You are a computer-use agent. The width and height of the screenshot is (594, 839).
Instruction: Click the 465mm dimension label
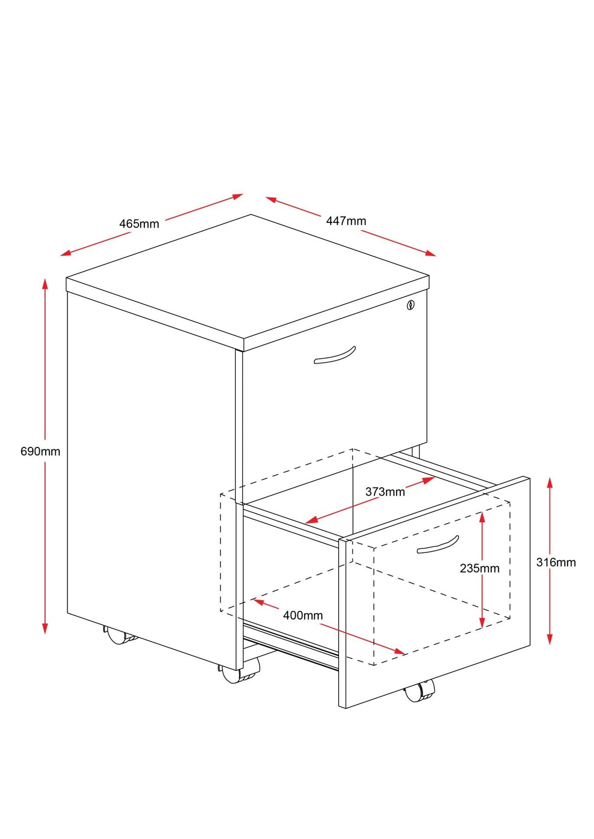[139, 224]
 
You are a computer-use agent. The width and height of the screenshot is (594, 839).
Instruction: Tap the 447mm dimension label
[346, 221]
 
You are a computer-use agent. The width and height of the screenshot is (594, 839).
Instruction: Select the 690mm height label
[40, 451]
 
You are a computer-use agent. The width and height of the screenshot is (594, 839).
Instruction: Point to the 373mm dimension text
[385, 492]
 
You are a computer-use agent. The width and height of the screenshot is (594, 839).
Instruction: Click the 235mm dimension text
[480, 568]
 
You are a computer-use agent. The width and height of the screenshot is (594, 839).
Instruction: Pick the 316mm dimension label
[556, 562]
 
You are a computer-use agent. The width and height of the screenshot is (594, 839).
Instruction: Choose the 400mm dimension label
[303, 615]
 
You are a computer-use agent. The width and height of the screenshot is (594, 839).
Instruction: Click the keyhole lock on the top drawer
[411, 305]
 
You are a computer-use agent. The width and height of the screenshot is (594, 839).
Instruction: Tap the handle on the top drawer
[335, 355]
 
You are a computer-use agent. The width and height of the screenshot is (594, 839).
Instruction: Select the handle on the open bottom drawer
[438, 545]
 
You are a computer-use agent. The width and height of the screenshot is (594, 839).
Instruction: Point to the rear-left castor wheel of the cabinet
[118, 636]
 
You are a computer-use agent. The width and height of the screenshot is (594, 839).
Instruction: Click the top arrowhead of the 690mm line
[45, 283]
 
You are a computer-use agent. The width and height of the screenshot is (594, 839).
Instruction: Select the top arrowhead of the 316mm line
[550, 482]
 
